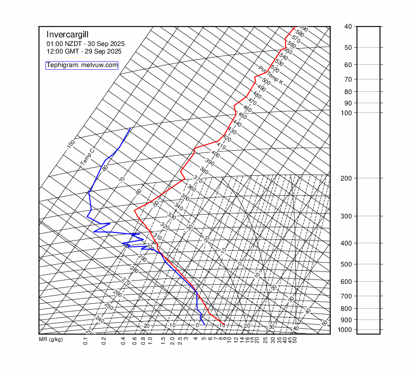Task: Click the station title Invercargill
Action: [67, 34]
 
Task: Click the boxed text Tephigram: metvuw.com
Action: [82, 65]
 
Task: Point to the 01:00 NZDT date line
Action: [85, 44]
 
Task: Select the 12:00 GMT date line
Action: [84, 51]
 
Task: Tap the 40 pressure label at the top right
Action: [348, 26]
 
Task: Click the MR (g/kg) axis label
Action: [51, 340]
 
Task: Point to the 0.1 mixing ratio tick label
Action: [85, 341]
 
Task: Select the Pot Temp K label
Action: [270, 75]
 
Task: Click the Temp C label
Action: [87, 157]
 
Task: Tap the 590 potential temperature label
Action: [303, 29]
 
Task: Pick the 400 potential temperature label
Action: [215, 154]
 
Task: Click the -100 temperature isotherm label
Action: [70, 144]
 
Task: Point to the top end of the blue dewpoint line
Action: [131, 128]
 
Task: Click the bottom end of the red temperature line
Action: [224, 324]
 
